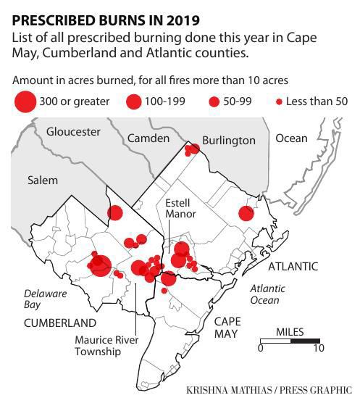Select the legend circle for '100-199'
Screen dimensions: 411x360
pos(133,101)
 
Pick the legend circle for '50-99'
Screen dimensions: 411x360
pos(214,101)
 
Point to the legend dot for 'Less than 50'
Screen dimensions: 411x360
pos(279,101)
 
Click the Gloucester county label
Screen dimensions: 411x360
pos(73,132)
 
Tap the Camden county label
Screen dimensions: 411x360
pos(148,138)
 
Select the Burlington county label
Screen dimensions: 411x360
pos(228,140)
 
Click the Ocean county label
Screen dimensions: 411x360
pos(291,138)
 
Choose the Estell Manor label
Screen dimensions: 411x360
pos(180,209)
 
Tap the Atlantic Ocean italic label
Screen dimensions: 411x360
pos(267,294)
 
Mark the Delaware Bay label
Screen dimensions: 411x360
pos(45,299)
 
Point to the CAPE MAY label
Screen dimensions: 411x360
pos(227,328)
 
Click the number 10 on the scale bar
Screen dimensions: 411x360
pos(318,348)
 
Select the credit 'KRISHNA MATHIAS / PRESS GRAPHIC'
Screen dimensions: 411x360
pos(269,390)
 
